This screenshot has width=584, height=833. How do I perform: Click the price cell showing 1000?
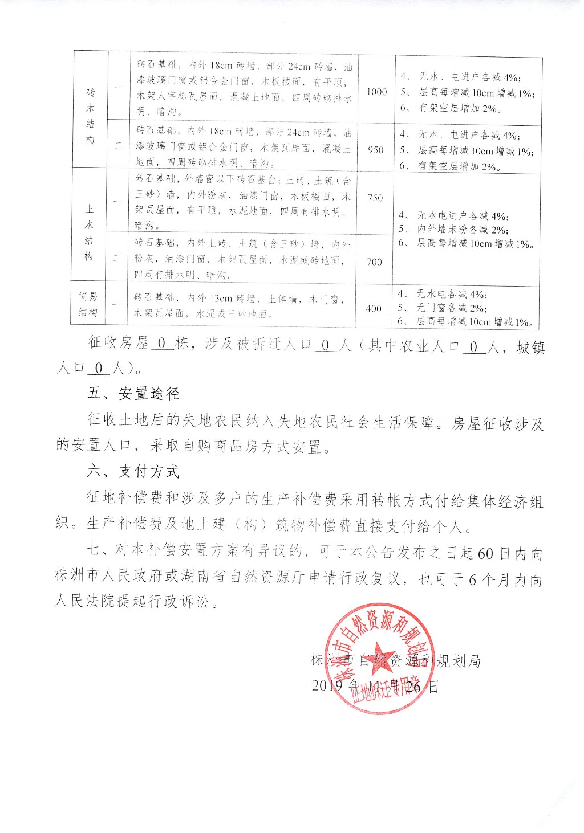376,92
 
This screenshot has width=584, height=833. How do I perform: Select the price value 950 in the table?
375,150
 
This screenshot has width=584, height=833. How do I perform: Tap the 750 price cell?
375,198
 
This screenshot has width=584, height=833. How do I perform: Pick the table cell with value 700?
374,262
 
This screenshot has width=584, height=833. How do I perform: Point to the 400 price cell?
374,308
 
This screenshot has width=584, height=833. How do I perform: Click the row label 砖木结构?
90,116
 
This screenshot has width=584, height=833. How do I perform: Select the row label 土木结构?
89,232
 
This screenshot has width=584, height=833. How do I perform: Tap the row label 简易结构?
88,304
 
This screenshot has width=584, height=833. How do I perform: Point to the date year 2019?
327,685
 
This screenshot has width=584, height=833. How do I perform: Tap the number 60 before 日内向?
485,553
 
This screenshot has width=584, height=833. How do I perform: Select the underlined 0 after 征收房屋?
162,344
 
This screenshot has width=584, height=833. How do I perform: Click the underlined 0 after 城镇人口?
99,369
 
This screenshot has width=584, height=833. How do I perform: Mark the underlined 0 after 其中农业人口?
474,346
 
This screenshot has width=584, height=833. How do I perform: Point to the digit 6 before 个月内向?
472,580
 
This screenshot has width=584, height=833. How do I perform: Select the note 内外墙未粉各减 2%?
462,229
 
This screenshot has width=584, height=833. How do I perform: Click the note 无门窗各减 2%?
451,308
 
